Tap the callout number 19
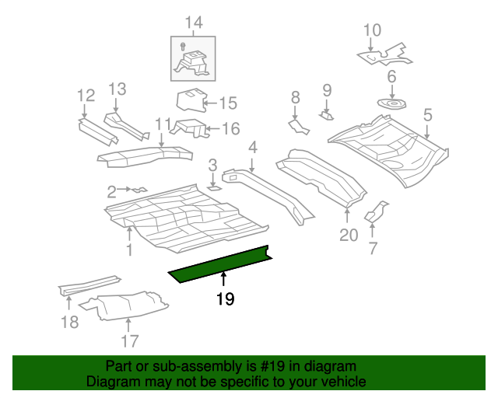click(225, 298)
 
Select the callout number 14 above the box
click(193, 23)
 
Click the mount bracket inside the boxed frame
click(192, 62)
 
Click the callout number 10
click(373, 31)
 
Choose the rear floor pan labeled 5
click(389, 148)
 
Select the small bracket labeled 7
click(378, 212)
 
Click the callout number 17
click(129, 340)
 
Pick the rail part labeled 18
click(88, 284)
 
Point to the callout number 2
click(111, 190)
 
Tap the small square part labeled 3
click(213, 187)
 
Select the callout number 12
click(86, 96)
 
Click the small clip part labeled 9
click(327, 115)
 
